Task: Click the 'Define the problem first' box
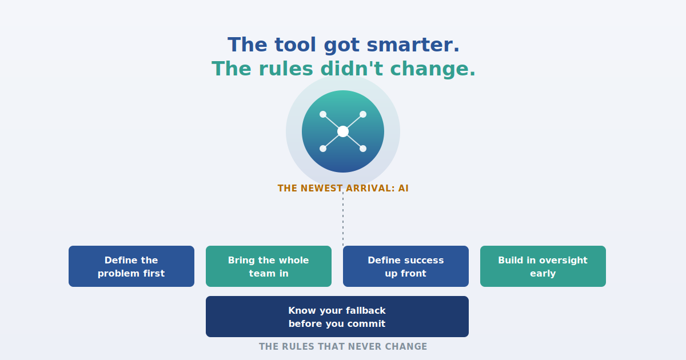pos(131,266)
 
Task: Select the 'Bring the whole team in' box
pos(269,266)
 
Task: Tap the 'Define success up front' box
pos(406,266)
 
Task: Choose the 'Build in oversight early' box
pos(543,266)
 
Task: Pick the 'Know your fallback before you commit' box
pos(337,317)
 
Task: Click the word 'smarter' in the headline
pos(413,45)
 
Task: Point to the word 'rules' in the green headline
pos(286,69)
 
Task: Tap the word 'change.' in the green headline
pos(433,69)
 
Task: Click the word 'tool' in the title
pos(295,45)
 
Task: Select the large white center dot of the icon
pos(343,131)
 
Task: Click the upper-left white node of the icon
pos(323,114)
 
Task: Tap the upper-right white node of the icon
pos(363,114)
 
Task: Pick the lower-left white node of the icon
pos(323,149)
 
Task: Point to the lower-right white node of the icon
pos(363,149)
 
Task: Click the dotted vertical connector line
pos(343,219)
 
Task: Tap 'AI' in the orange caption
pos(404,188)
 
